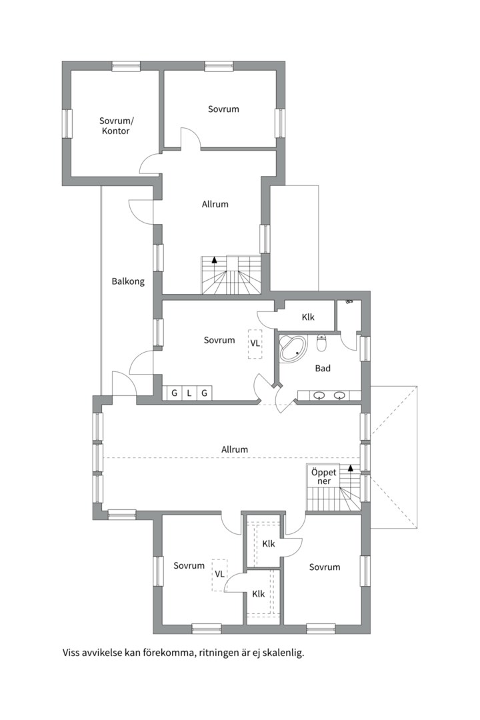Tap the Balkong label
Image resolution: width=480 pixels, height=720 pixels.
(128, 281)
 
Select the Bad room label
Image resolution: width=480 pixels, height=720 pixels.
(323, 368)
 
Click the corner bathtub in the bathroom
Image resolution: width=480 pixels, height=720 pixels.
(293, 348)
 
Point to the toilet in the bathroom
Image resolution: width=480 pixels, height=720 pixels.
(322, 343)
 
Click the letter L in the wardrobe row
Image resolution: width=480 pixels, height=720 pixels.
(189, 393)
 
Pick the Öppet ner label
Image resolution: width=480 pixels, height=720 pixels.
(324, 477)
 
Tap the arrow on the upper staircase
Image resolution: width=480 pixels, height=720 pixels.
(214, 259)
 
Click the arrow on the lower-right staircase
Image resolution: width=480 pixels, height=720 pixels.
(351, 469)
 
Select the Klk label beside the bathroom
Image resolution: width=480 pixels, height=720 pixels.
(308, 317)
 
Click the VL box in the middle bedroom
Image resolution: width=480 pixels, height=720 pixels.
(255, 343)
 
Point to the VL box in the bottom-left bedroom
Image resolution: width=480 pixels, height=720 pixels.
(219, 575)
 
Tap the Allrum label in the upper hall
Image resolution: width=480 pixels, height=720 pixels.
(215, 205)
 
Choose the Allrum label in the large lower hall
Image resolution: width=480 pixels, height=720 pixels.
(235, 449)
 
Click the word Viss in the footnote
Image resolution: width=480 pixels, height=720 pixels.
(71, 653)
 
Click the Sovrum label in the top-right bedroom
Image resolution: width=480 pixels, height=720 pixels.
(223, 109)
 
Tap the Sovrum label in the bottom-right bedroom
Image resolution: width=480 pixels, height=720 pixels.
(325, 567)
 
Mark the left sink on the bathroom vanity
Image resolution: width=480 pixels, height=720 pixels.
(319, 395)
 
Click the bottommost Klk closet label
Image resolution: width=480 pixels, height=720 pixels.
(259, 594)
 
